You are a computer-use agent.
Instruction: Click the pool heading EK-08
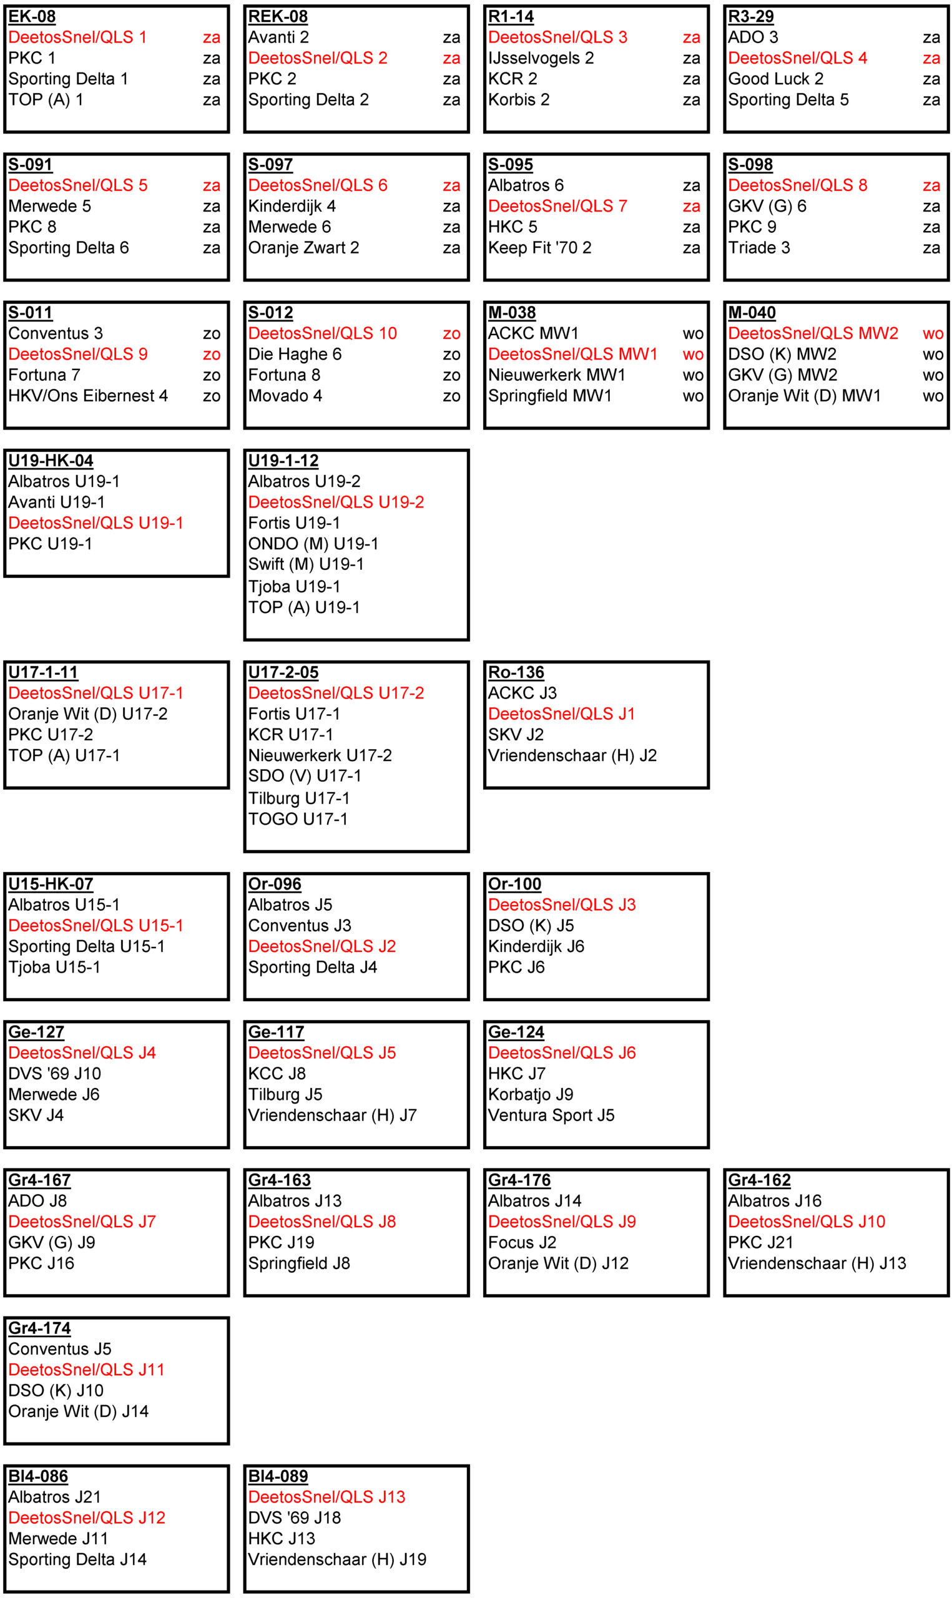(x=32, y=17)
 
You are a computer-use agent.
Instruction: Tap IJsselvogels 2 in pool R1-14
(x=541, y=58)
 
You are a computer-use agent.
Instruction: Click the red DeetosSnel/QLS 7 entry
(x=557, y=206)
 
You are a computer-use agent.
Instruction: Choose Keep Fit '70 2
(x=539, y=248)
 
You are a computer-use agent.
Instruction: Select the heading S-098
(x=750, y=165)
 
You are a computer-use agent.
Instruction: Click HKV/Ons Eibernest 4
(x=88, y=396)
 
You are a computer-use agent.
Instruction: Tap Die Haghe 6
(x=295, y=354)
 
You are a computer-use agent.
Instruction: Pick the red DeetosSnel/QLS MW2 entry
(x=813, y=333)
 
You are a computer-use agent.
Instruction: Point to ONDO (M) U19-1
(x=313, y=544)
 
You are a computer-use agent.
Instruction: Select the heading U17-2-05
(x=283, y=672)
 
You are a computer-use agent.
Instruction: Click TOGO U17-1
(x=298, y=819)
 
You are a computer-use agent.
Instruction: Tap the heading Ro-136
(x=516, y=672)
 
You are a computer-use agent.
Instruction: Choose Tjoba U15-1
(x=54, y=967)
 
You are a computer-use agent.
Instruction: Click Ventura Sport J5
(x=551, y=1115)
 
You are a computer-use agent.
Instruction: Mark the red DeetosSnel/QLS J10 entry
(x=807, y=1222)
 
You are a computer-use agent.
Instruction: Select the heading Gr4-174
(x=40, y=1328)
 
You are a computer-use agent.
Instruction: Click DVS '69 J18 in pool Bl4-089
(x=295, y=1518)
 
